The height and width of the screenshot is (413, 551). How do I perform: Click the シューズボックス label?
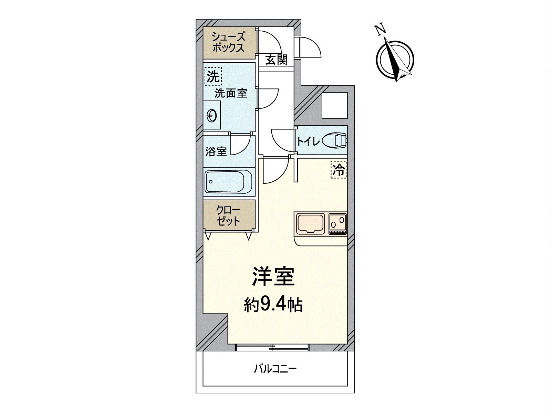pyautogui.click(x=228, y=42)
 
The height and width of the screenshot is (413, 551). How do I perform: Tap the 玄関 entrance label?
pyautogui.click(x=276, y=60)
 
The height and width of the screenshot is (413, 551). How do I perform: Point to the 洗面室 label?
pyautogui.click(x=231, y=93)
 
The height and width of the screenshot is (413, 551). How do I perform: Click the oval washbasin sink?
pyautogui.click(x=211, y=116)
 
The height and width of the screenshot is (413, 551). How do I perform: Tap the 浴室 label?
pyautogui.click(x=216, y=151)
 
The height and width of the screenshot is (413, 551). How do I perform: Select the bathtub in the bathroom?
pyautogui.click(x=229, y=182)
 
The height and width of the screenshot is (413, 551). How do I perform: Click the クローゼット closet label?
pyautogui.click(x=228, y=215)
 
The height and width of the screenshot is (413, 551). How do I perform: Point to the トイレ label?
pyautogui.click(x=308, y=141)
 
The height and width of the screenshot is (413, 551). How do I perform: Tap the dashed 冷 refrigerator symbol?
pyautogui.click(x=339, y=170)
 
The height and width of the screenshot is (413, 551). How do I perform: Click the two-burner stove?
pyautogui.click(x=337, y=224)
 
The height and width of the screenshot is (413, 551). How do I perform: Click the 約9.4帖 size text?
pyautogui.click(x=274, y=304)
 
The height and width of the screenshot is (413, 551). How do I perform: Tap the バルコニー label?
pyautogui.click(x=275, y=369)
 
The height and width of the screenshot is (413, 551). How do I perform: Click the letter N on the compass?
pyautogui.click(x=380, y=30)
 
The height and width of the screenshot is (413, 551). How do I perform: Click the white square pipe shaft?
pyautogui.click(x=334, y=105)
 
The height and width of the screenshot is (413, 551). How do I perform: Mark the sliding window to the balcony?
pyautogui.click(x=272, y=348)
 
